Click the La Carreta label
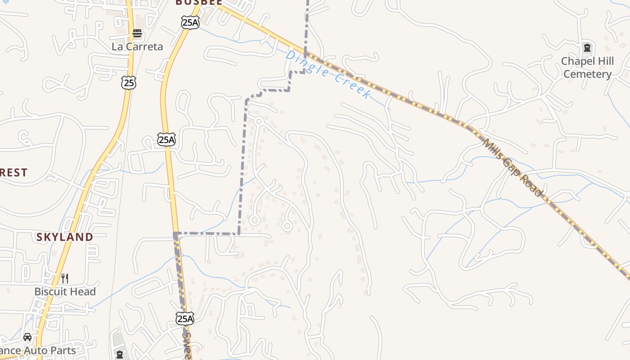click(x=137, y=46)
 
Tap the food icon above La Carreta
click(x=137, y=34)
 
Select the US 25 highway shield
click(x=128, y=82)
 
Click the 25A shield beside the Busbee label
click(x=190, y=22)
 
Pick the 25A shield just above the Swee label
click(x=185, y=319)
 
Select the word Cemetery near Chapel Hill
click(x=587, y=74)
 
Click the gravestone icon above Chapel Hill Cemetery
click(x=587, y=47)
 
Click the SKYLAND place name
click(x=65, y=237)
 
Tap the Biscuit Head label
click(x=65, y=292)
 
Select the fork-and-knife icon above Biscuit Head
click(x=65, y=279)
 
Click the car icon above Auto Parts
click(x=27, y=337)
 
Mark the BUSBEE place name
click(x=199, y=2)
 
